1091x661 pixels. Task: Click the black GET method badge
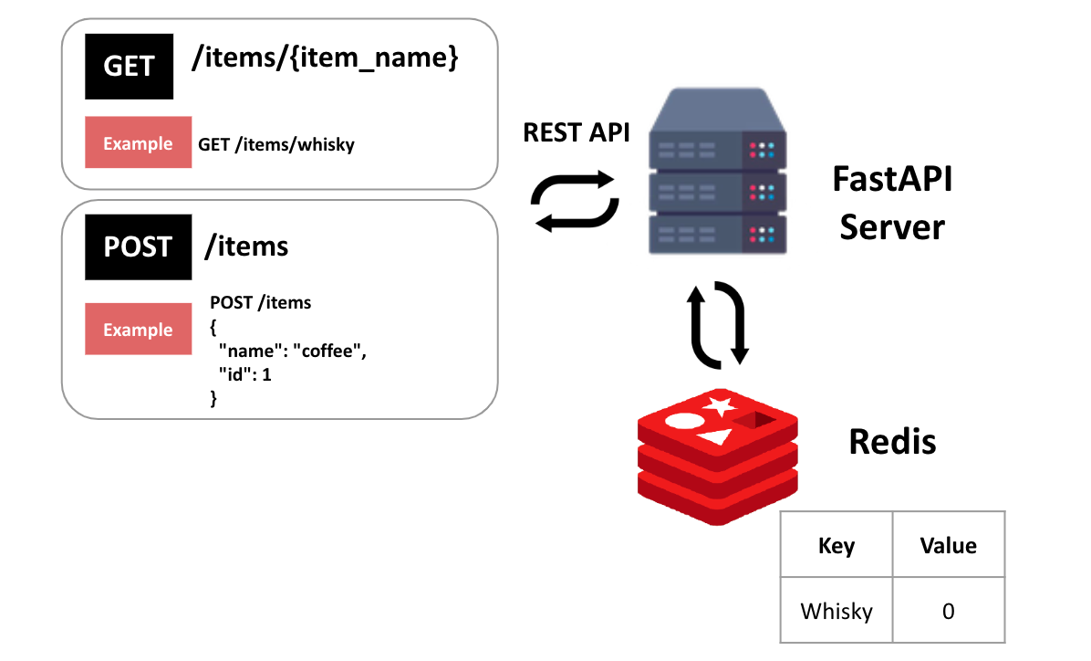(129, 66)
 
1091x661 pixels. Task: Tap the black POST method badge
(138, 247)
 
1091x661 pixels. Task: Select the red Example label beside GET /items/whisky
(138, 142)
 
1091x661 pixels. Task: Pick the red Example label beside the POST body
(138, 329)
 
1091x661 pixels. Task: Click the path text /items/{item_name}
(325, 58)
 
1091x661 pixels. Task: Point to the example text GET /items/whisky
(276, 144)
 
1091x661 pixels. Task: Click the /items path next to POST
(246, 246)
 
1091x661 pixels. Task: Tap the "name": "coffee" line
(292, 351)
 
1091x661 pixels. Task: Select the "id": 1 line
(244, 374)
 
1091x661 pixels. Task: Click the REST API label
(577, 132)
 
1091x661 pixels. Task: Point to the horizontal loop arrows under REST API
(575, 201)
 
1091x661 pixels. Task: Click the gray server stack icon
(717, 171)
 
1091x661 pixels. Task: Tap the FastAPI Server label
(892, 203)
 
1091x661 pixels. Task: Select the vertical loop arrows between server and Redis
(718, 325)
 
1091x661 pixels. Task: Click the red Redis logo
(717, 456)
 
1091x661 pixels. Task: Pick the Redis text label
(892, 442)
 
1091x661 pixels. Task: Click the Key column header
(836, 545)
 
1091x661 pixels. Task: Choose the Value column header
(949, 545)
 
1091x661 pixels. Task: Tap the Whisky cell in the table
(836, 611)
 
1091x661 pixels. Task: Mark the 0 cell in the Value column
(949, 611)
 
